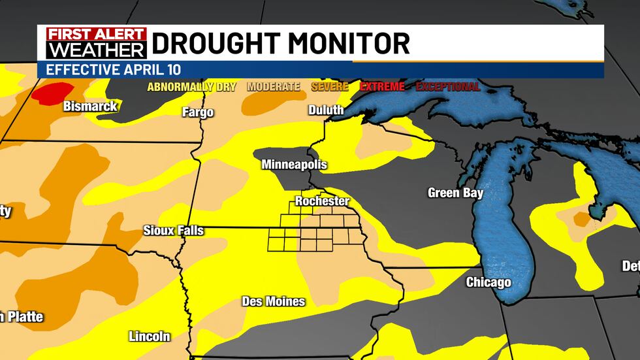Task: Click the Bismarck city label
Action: [90, 106]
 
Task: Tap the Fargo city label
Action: [198, 112]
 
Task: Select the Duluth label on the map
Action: [326, 110]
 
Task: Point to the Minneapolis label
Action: [294, 165]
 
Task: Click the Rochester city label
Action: [322, 201]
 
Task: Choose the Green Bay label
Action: [455, 193]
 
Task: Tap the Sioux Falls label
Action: [174, 231]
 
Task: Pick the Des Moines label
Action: [274, 301]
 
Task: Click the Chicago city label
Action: [488, 282]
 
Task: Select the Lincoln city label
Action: [150, 336]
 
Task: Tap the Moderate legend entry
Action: [274, 86]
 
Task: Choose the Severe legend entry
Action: [330, 86]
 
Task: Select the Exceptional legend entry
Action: [448, 86]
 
